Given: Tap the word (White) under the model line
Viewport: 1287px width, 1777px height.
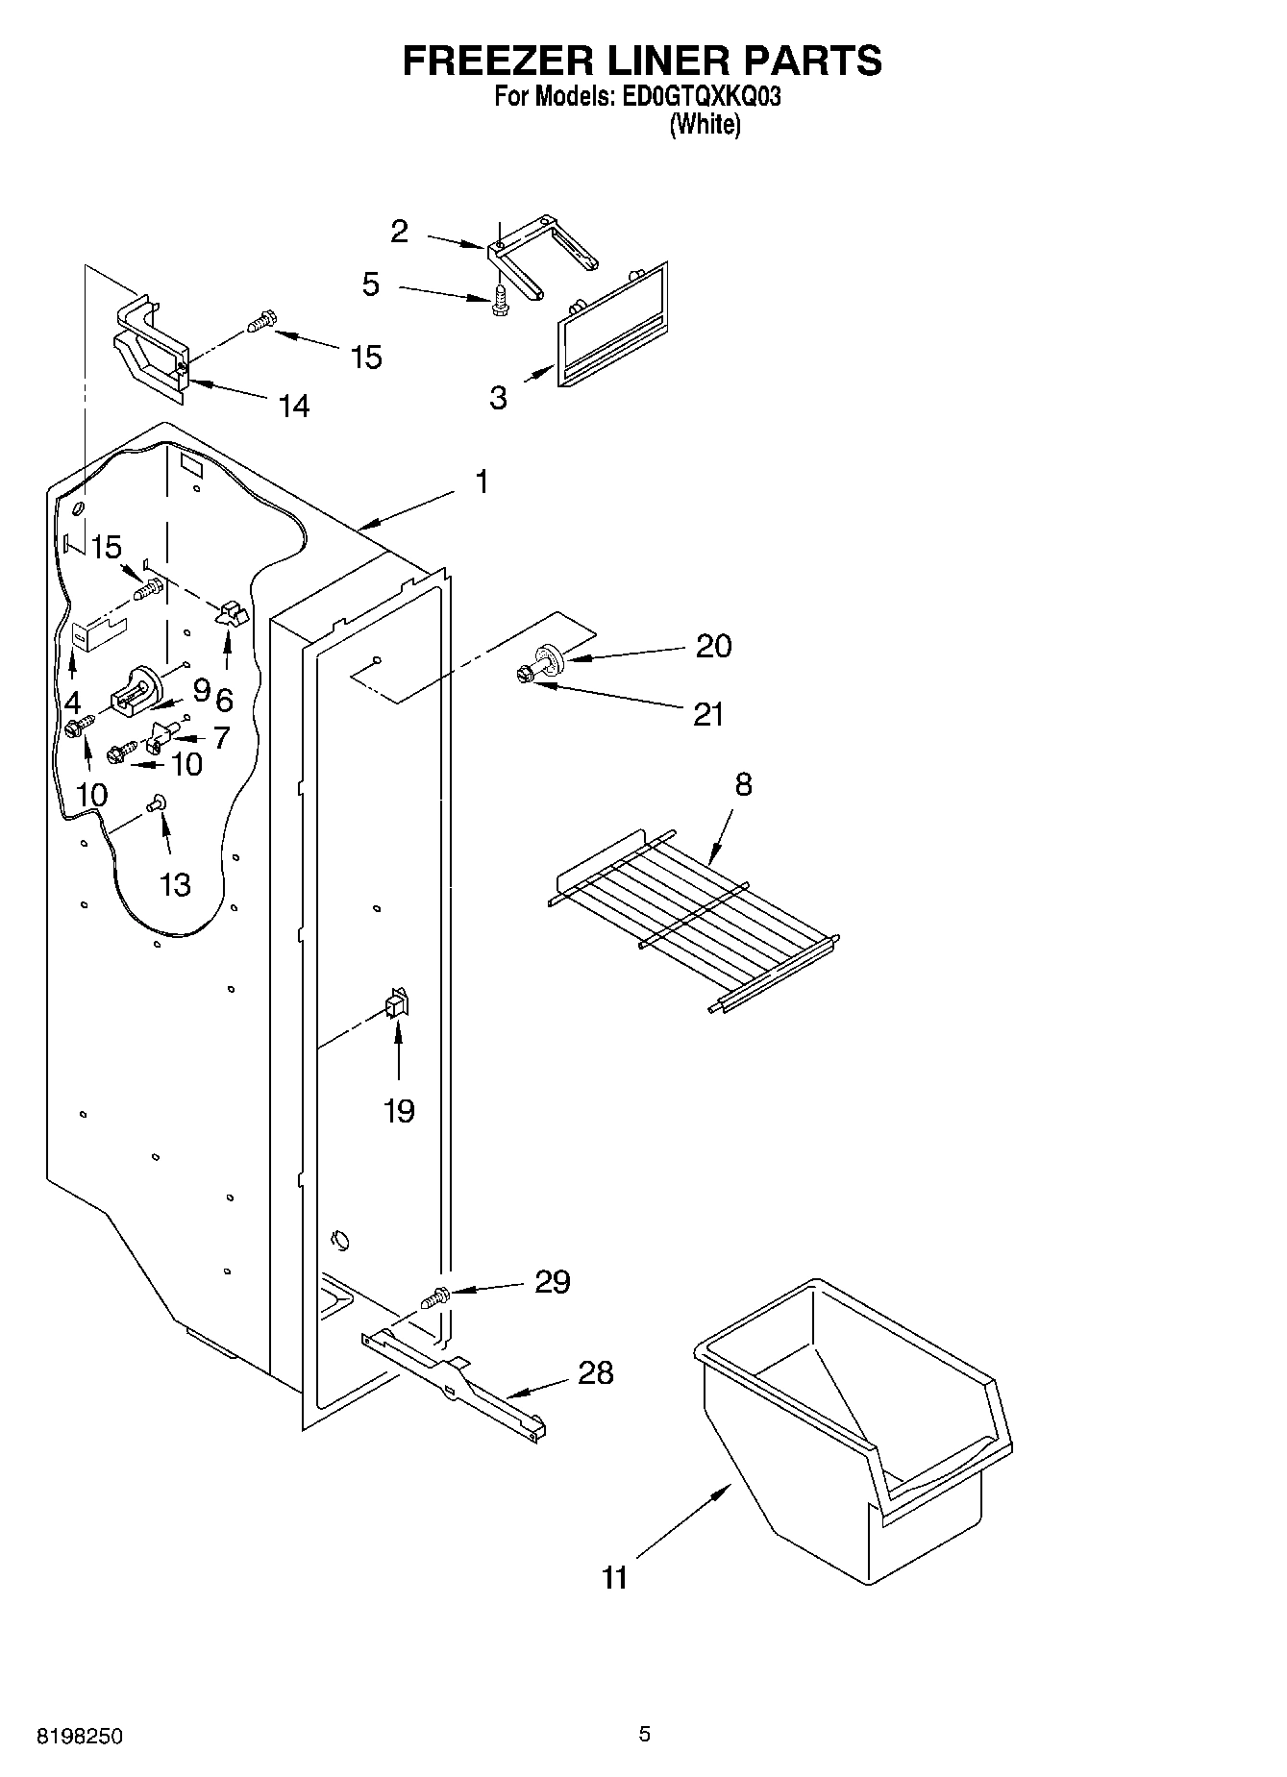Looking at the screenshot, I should (705, 125).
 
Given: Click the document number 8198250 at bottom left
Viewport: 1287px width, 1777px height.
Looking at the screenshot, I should (79, 1737).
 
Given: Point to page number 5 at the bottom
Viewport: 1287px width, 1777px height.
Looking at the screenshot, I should (644, 1734).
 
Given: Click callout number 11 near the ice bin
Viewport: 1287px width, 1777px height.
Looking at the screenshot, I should (615, 1577).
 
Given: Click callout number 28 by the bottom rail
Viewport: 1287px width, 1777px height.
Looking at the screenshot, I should (596, 1372).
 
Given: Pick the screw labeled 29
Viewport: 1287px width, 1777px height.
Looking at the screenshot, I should (435, 1298).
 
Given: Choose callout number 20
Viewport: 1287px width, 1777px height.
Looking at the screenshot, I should (713, 646).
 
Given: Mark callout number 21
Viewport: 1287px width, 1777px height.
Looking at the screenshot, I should (708, 714).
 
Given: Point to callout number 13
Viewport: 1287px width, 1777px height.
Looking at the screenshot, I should (175, 884).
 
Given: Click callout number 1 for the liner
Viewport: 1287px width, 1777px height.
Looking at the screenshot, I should (482, 481).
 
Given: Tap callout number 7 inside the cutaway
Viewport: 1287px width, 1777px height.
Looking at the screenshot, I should (221, 737).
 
